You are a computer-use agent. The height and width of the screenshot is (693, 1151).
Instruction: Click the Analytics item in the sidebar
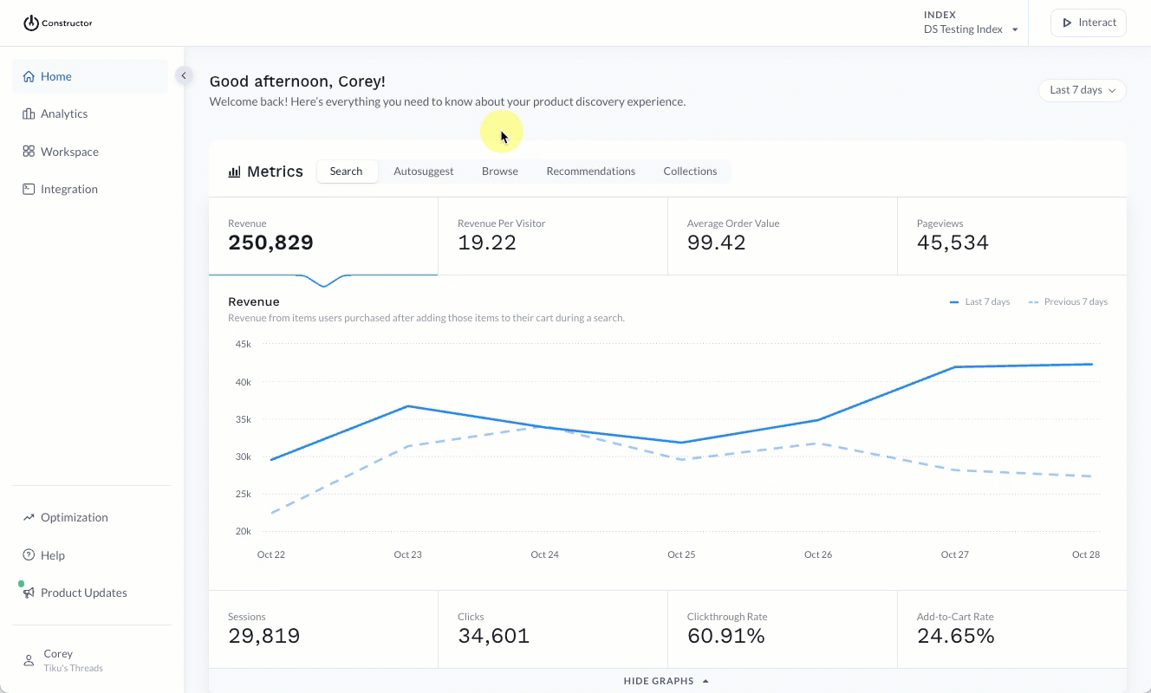63,113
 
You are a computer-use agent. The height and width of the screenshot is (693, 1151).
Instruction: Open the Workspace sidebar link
68,152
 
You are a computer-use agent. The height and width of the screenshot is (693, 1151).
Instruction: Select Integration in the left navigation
68,189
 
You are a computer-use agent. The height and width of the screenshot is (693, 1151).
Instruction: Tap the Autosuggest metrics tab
423,172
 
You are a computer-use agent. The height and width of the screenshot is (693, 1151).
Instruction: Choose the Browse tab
500,172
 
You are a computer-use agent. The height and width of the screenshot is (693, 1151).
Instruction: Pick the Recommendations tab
590,172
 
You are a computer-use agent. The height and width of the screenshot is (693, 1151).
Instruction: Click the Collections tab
690,172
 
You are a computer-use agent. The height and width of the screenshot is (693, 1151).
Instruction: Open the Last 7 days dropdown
1082,90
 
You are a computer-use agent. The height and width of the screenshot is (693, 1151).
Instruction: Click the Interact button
1088,23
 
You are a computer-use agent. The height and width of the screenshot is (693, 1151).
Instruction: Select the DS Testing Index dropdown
970,29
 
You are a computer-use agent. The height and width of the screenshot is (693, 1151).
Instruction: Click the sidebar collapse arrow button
183,75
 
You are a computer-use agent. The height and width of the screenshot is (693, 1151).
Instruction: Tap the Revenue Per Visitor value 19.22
487,243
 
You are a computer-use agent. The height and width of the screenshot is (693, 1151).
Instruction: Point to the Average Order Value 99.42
716,243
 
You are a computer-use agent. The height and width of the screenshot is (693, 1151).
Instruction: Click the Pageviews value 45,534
953,243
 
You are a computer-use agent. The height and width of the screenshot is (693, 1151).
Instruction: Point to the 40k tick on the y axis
243,382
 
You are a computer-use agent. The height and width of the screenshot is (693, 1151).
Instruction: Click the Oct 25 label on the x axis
681,554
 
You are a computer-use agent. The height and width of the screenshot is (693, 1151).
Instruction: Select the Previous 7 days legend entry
1068,302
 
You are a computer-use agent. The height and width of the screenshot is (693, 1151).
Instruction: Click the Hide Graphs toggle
667,681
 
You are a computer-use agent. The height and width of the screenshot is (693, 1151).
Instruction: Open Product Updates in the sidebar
83,593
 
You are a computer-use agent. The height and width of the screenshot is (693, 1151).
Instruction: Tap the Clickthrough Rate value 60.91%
725,637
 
